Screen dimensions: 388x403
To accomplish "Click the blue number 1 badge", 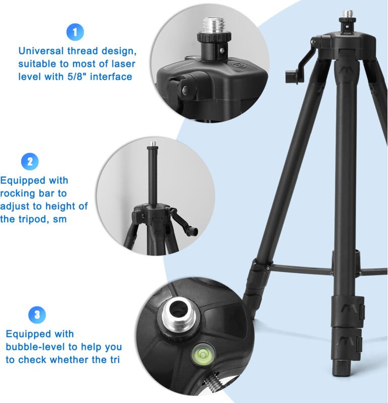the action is click(x=75, y=32).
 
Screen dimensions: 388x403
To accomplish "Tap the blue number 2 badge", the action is click(x=30, y=162).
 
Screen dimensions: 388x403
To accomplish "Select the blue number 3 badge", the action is click(x=37, y=315).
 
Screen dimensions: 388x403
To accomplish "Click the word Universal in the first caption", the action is click(x=41, y=51).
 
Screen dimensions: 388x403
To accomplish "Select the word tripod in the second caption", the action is click(x=33, y=219).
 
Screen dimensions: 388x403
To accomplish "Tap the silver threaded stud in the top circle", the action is click(x=214, y=25).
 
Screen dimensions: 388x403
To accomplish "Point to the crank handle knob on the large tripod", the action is click(x=291, y=77).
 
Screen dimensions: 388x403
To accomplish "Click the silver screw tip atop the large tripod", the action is click(x=347, y=14).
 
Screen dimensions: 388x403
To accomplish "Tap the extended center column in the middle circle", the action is click(x=152, y=175).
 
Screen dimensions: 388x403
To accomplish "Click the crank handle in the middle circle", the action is click(x=184, y=221).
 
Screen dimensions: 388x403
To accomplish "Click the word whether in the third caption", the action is click(x=73, y=360).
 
